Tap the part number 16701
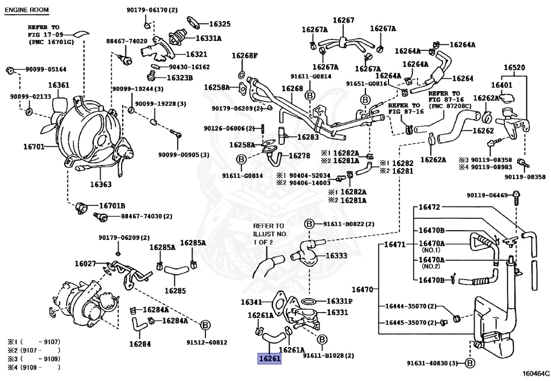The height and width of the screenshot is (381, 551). tap(34, 146)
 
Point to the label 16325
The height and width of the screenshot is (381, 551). tap(220, 24)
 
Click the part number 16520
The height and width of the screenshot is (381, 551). tap(514, 68)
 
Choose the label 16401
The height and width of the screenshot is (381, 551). tap(501, 85)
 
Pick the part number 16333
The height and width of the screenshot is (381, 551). tap(337, 256)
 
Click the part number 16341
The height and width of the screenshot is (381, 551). tap(251, 302)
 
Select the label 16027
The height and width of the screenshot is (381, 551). tap(85, 264)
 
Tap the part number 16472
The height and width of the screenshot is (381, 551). tap(430, 206)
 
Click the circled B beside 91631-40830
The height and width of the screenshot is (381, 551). tap(469, 363)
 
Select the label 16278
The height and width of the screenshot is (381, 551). tap(300, 156)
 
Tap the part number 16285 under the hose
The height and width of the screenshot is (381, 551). tap(175, 290)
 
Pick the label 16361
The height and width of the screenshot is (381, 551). tap(59, 86)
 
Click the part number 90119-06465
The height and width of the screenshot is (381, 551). tap(487, 195)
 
